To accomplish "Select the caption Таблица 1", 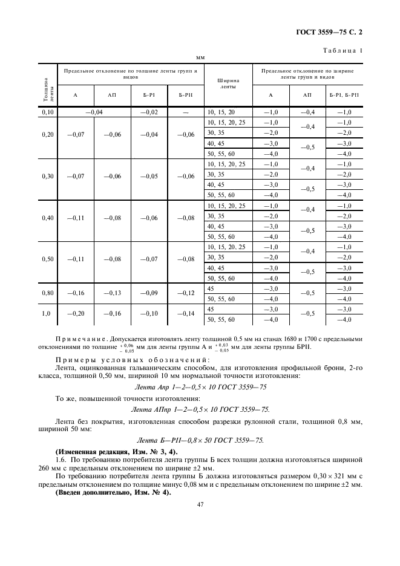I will point(343,51).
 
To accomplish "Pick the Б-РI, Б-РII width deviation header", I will point(344,95).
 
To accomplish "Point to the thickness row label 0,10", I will point(48,112).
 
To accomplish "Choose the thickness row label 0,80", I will point(48,293).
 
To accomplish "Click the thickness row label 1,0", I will point(48,314).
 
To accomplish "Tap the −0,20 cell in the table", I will point(75,314).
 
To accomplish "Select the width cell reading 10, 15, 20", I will point(221,112).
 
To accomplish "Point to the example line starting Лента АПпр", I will point(200,409).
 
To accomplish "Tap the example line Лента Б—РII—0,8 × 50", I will point(200,440).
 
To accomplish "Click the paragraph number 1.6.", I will point(62,460).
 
